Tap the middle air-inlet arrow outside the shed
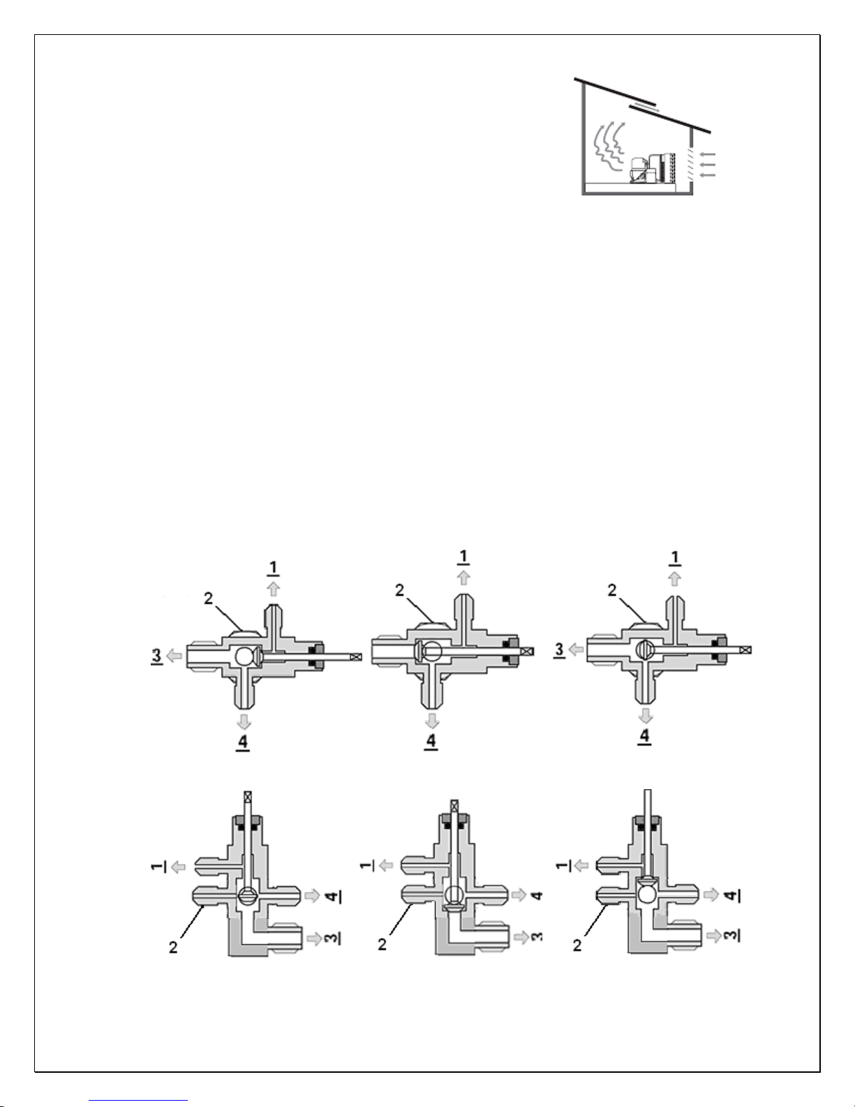(x=708, y=164)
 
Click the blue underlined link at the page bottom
(x=138, y=1101)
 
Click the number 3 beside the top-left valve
(x=156, y=656)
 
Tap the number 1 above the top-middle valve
(x=463, y=557)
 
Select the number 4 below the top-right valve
(x=644, y=736)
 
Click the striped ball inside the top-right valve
(x=644, y=650)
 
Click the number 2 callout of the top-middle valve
(x=399, y=590)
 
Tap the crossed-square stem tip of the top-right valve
(x=747, y=650)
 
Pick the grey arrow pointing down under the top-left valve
(x=244, y=721)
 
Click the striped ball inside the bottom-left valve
(x=248, y=897)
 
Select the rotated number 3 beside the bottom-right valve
(x=731, y=935)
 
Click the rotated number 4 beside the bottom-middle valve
(x=537, y=895)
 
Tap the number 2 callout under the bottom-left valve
(x=173, y=948)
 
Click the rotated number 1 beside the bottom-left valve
(x=158, y=866)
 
